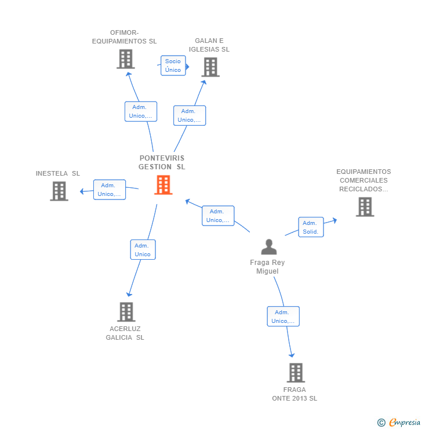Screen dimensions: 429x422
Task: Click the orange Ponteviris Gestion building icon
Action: pyautogui.click(x=163, y=185)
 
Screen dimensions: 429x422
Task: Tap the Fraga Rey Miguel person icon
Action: pyautogui.click(x=268, y=247)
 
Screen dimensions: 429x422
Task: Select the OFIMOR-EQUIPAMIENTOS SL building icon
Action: pyautogui.click(x=125, y=59)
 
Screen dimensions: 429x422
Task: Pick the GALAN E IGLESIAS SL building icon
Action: pyautogui.click(x=210, y=67)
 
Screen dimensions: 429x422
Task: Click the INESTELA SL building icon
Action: pyautogui.click(x=59, y=191)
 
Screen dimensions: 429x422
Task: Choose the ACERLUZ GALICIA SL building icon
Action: pyautogui.click(x=126, y=312)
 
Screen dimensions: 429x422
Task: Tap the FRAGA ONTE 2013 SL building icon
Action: pyautogui.click(x=296, y=373)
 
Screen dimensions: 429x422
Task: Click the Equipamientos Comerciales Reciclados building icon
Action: pyautogui.click(x=364, y=207)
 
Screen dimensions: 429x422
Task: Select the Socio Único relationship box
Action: pyautogui.click(x=173, y=66)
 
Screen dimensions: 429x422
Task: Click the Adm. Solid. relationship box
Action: pyautogui.click(x=310, y=227)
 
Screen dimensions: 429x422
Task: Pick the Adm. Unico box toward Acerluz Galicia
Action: pyautogui.click(x=143, y=250)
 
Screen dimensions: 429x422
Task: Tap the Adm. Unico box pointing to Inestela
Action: pyautogui.click(x=110, y=190)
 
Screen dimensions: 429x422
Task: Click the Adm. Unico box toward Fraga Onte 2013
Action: pyautogui.click(x=283, y=317)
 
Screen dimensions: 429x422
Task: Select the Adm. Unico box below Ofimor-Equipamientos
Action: pyautogui.click(x=141, y=111)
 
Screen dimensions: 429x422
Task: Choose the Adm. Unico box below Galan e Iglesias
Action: pyautogui.click(x=190, y=115)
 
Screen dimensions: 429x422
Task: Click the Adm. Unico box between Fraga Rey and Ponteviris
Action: pyautogui.click(x=218, y=216)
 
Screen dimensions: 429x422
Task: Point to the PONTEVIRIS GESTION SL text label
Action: pyautogui.click(x=162, y=162)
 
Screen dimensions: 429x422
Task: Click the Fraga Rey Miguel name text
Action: pyautogui.click(x=267, y=267)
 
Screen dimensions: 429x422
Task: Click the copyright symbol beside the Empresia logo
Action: pyautogui.click(x=381, y=423)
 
